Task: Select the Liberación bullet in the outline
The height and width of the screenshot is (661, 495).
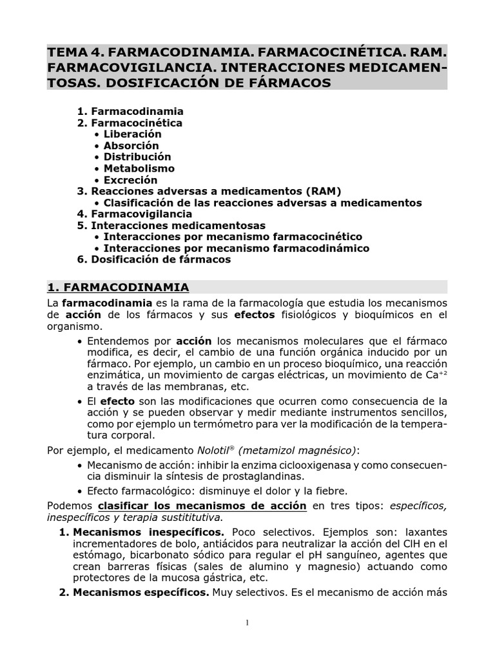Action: [x=132, y=134]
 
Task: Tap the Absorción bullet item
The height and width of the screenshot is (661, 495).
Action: [x=131, y=146]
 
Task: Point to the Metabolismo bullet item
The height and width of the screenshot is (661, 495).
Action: [x=139, y=168]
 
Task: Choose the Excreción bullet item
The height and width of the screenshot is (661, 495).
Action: [x=130, y=180]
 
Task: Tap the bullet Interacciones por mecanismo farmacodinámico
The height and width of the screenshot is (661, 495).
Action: [x=236, y=248]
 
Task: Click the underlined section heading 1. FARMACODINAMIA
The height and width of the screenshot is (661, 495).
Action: [x=118, y=287]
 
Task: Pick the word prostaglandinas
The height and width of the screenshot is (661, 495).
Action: [x=266, y=476]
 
